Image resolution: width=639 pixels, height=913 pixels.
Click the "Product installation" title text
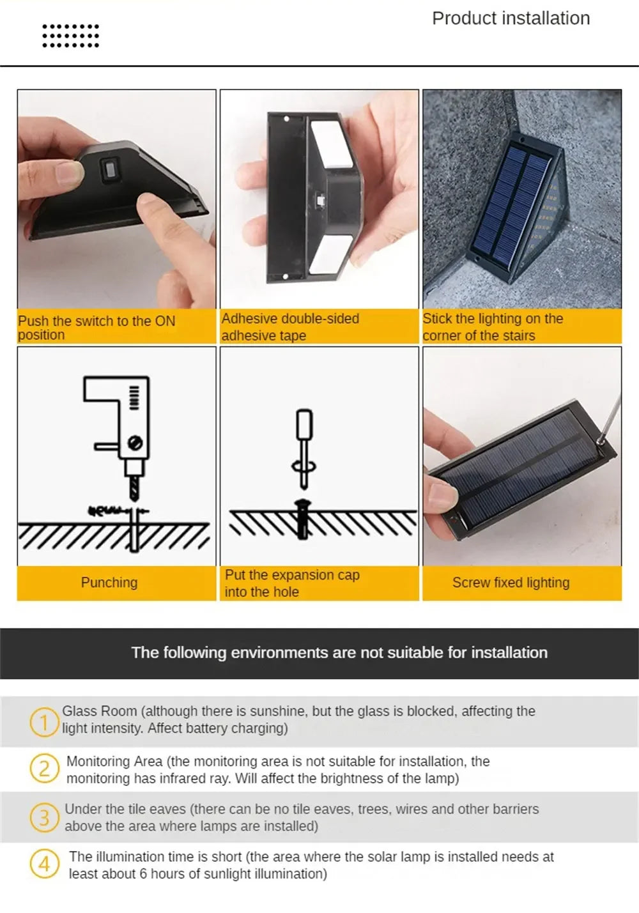point(511,19)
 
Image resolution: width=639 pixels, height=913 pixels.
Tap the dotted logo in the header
point(70,36)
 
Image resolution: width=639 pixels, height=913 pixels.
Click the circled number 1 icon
point(44,723)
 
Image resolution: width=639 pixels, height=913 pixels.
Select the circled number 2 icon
point(44,769)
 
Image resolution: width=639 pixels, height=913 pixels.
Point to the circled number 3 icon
point(44,817)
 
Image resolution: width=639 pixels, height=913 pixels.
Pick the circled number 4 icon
point(44,864)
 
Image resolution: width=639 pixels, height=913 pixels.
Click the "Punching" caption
point(109,583)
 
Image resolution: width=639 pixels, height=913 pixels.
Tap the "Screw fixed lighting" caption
point(511,583)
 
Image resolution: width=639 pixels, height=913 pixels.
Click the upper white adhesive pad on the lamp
point(330,142)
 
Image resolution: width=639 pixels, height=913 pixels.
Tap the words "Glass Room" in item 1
point(99,711)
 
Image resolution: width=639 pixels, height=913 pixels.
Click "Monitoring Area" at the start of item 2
point(105,762)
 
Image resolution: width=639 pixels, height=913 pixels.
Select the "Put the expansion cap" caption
point(292,575)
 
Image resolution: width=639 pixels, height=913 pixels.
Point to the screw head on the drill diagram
point(135,441)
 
